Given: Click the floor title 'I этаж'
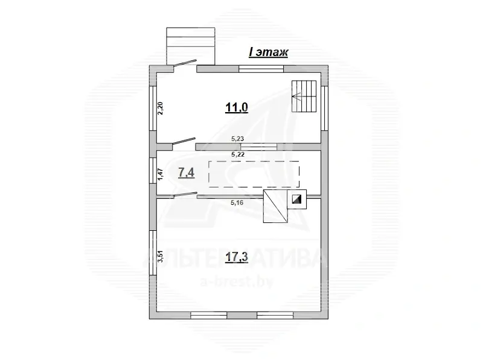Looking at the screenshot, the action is pyautogui.click(x=268, y=52).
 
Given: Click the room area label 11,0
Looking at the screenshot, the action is pyautogui.click(x=237, y=108).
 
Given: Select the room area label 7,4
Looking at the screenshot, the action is pyautogui.click(x=187, y=173).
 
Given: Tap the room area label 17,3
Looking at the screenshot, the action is pyautogui.click(x=236, y=257).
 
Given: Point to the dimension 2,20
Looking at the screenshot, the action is pyautogui.click(x=161, y=108).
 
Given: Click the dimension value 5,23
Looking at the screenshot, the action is pyautogui.click(x=237, y=139).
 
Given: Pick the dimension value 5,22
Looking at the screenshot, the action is pyautogui.click(x=237, y=154).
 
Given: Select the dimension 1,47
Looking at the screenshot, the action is pyautogui.click(x=161, y=174).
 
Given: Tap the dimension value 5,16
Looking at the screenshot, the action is pyautogui.click(x=237, y=202).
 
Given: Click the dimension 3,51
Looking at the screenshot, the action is pyautogui.click(x=161, y=257).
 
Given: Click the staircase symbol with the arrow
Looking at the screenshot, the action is pyautogui.click(x=304, y=96).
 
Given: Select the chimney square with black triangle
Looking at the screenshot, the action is pyautogui.click(x=297, y=199).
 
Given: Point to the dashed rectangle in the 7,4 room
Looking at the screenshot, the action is pyautogui.click(x=254, y=174).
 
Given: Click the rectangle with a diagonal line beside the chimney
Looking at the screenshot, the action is pyautogui.click(x=275, y=206).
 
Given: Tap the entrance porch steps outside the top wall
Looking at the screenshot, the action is pyautogui.click(x=190, y=46).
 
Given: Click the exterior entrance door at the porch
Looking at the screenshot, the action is pyautogui.click(x=185, y=63).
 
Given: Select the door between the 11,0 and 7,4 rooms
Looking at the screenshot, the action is pyautogui.click(x=184, y=142).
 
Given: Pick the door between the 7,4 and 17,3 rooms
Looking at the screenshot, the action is pyautogui.click(x=186, y=195).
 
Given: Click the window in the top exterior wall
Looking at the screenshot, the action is pyautogui.click(x=261, y=69).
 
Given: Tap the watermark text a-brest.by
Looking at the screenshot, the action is pyautogui.click(x=237, y=281).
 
